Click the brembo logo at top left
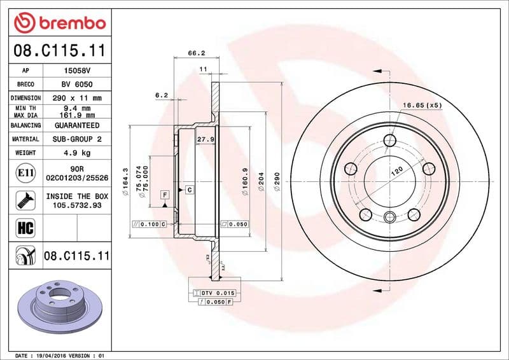coord(59,23)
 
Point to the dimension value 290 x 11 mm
coord(78,98)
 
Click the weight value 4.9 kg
coord(78,153)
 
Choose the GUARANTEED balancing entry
coord(78,125)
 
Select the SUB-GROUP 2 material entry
coord(78,139)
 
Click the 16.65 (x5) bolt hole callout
coord(422,104)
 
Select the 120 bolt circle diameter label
coord(396,171)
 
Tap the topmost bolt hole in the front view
coord(390,141)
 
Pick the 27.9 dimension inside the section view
coord(205,139)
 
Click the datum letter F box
coord(165,193)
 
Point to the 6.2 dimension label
coord(161,95)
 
